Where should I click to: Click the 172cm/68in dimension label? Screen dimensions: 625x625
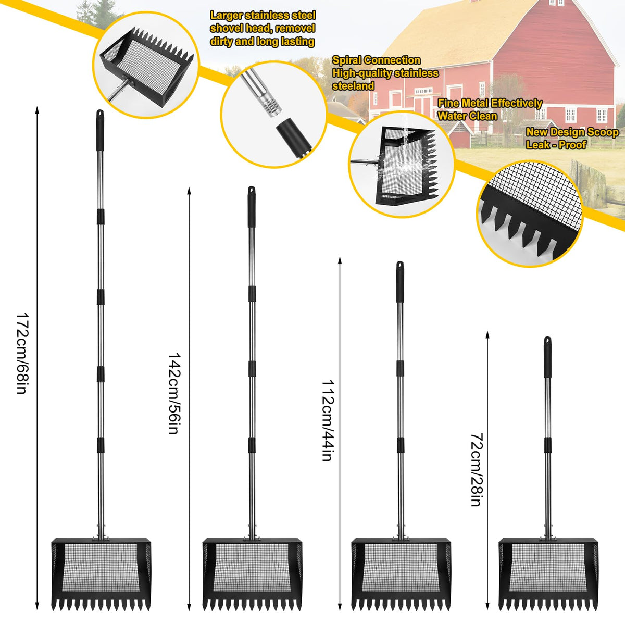21,353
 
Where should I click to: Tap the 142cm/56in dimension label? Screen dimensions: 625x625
173,393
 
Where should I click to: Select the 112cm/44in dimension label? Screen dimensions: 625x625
327,420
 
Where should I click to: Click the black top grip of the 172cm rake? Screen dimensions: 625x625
100,130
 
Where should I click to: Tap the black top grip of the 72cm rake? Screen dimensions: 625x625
548,357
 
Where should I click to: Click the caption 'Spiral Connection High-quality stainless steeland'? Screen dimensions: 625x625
385,73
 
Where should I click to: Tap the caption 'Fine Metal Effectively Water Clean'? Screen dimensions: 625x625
490,109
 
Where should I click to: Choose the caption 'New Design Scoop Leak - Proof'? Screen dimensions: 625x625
572,139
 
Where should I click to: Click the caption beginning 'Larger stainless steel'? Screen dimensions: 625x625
262,29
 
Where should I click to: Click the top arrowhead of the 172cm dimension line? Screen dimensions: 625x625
37,109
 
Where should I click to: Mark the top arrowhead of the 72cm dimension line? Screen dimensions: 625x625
487,335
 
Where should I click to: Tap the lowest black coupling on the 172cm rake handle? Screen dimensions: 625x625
101,445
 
